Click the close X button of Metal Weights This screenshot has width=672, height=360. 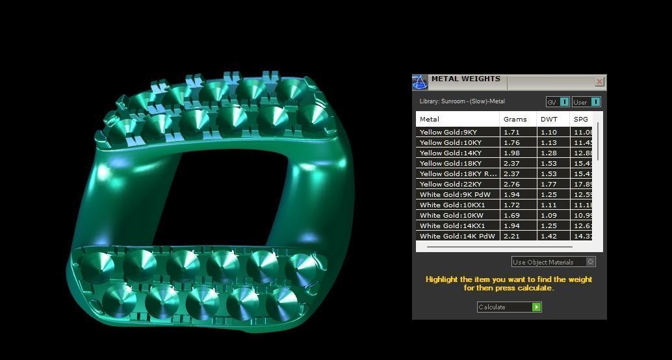599,81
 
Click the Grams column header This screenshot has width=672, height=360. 515,119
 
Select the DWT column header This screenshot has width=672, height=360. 549,119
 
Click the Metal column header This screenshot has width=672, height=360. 430,119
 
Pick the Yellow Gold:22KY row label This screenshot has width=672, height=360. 450,184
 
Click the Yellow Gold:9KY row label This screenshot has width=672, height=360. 448,132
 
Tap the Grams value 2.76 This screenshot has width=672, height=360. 511,184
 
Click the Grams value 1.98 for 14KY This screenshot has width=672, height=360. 511,153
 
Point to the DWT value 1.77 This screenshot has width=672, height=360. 549,184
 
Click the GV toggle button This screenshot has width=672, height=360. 558,102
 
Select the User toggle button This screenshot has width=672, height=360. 586,102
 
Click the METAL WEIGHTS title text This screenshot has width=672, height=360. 465,79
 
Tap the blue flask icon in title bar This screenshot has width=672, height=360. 420,82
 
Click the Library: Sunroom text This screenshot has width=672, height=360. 462,101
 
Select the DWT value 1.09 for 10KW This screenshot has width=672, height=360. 549,215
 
